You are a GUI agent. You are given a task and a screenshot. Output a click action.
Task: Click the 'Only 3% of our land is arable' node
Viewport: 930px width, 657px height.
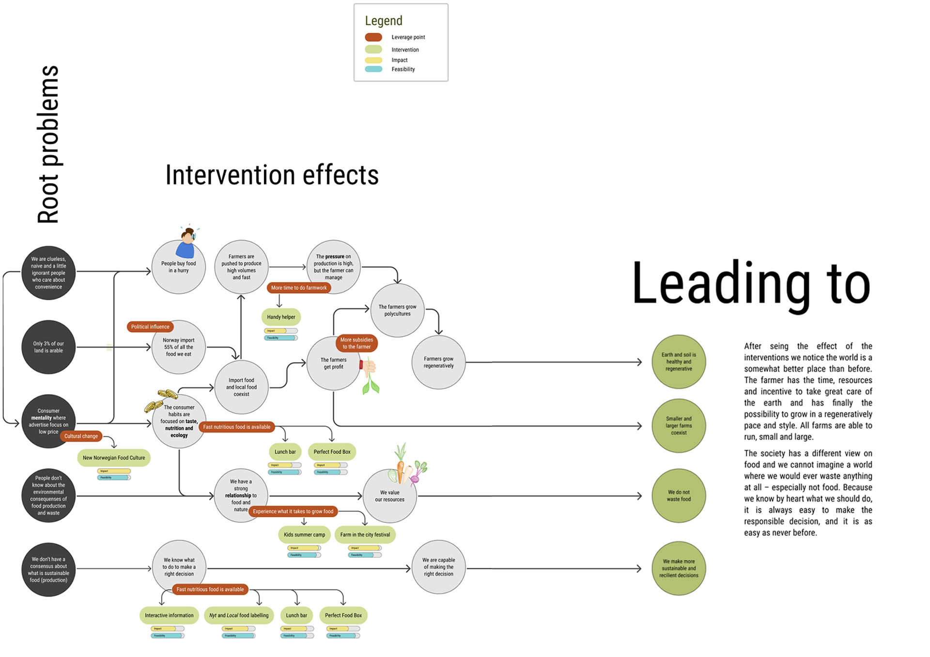coord(48,347)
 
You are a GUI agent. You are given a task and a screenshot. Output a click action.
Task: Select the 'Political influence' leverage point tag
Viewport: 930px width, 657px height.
coord(150,327)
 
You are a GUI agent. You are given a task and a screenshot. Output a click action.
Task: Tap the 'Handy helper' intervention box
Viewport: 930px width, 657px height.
coord(281,317)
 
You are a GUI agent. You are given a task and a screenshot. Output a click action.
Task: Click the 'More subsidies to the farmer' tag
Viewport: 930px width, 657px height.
coord(356,343)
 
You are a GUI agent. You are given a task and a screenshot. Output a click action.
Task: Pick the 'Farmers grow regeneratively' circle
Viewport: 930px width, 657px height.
coord(438,362)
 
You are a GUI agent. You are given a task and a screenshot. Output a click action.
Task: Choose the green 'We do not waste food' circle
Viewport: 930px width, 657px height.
coord(679,496)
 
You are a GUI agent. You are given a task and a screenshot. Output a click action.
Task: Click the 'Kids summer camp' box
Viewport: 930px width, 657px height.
coord(304,535)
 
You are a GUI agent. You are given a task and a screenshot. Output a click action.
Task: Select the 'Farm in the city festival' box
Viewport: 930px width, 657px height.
coord(365,535)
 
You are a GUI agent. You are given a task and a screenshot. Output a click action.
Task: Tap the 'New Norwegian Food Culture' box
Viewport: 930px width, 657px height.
coord(114,458)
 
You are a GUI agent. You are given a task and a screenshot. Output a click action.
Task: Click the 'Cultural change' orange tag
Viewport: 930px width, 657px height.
coord(81,436)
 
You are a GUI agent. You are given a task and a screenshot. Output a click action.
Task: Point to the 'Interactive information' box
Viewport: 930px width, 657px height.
coord(169,616)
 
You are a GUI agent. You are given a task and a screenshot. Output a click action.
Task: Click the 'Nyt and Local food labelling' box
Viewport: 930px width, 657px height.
coord(239,616)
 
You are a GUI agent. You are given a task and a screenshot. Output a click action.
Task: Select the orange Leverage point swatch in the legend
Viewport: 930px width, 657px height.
coord(373,37)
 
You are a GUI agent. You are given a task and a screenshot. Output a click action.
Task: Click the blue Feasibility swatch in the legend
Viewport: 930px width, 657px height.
coord(373,69)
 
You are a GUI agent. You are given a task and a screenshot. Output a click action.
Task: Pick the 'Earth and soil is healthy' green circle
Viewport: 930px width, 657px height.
coord(679,362)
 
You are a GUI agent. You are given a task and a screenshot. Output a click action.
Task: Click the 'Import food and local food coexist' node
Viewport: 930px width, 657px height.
coord(241,387)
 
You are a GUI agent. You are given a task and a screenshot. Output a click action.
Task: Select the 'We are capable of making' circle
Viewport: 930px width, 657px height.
coord(438,567)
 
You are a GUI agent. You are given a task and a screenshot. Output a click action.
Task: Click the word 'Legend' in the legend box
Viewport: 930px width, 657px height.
coord(384,21)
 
